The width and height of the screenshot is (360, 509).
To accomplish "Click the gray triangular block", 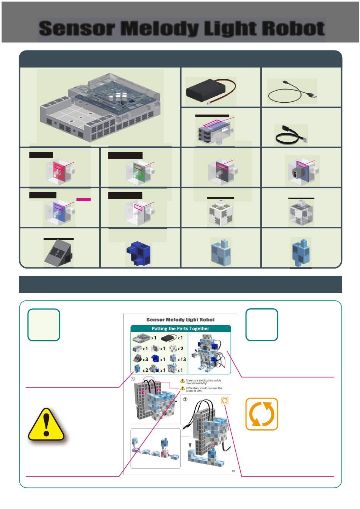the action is click(58, 253).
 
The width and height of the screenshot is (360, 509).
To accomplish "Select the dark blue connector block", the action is click(139, 253).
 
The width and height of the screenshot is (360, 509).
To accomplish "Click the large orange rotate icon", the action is click(262, 414).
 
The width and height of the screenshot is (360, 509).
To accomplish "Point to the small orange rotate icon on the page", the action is click(224, 401).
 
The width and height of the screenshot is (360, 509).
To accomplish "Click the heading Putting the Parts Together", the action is click(180, 328).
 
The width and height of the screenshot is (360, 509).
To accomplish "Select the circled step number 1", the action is click(133, 378).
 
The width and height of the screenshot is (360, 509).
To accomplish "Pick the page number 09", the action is click(233, 471).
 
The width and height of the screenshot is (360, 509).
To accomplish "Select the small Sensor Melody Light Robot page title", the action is click(180, 320).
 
